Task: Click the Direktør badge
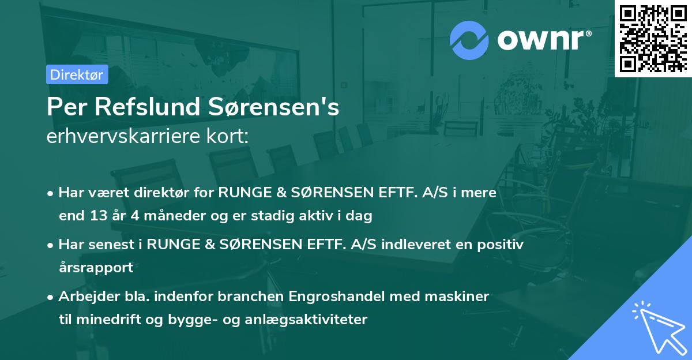coord(77,74)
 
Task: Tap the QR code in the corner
coord(653,38)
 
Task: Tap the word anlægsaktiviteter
coord(313,319)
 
